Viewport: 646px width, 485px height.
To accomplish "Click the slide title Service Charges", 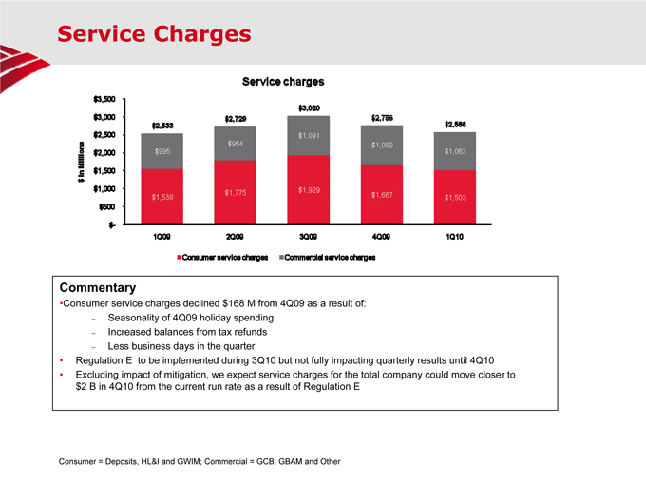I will click(x=153, y=34).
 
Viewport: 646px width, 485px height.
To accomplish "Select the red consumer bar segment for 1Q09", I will click(x=161, y=196).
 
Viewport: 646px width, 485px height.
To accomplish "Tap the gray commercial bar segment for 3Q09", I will click(x=310, y=135).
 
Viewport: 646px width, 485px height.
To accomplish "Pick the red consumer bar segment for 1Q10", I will click(x=455, y=197).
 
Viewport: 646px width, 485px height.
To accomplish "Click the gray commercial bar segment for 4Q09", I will click(x=383, y=145).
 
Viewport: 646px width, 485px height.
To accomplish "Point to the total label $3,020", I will click(x=310, y=107).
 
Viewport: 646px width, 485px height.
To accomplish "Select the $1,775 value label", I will click(x=237, y=193).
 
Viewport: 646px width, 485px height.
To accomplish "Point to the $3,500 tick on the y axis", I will click(x=104, y=99).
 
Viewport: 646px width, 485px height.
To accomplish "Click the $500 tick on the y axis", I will click(x=106, y=206).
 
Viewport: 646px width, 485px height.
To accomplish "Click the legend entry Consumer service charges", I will click(x=221, y=257).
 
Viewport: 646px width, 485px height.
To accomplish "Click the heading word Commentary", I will click(x=98, y=287).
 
